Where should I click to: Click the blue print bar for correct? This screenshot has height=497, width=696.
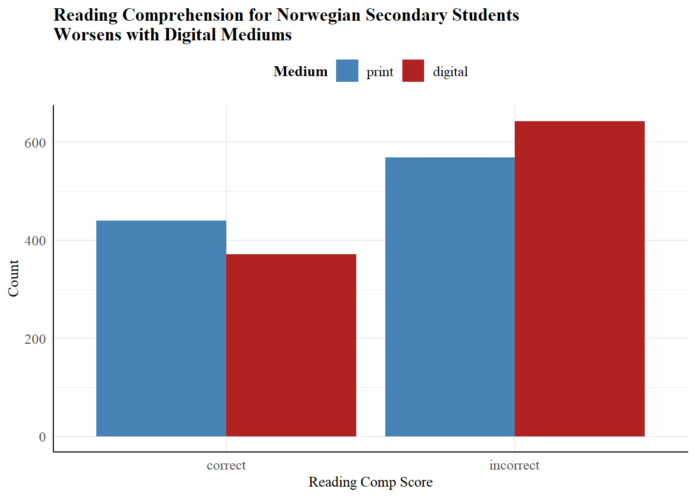coord(161,328)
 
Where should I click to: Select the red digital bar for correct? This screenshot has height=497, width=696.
coord(291,345)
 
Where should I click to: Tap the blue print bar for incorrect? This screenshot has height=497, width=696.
coord(450,297)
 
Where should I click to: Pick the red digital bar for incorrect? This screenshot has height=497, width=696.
coord(579,279)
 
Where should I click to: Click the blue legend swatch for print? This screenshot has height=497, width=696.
coord(347,71)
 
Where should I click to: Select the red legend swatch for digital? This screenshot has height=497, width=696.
coord(413,71)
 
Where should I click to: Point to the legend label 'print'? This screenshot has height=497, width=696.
coord(380,72)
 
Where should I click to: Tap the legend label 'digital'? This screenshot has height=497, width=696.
coord(450,71)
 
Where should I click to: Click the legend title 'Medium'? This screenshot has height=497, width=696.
coord(300,71)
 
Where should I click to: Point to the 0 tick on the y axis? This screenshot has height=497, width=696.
coord(42,437)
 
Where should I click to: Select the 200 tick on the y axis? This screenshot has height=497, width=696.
coord(35,339)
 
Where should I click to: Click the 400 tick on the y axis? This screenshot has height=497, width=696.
coord(35,241)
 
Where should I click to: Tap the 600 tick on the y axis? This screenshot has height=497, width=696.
coord(35,143)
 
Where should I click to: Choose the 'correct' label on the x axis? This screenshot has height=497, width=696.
coord(226,465)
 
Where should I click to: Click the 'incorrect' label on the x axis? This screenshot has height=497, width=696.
coord(514,465)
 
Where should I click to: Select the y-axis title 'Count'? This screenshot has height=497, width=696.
coord(13,278)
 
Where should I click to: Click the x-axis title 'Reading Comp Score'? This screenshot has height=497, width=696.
coord(370,482)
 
